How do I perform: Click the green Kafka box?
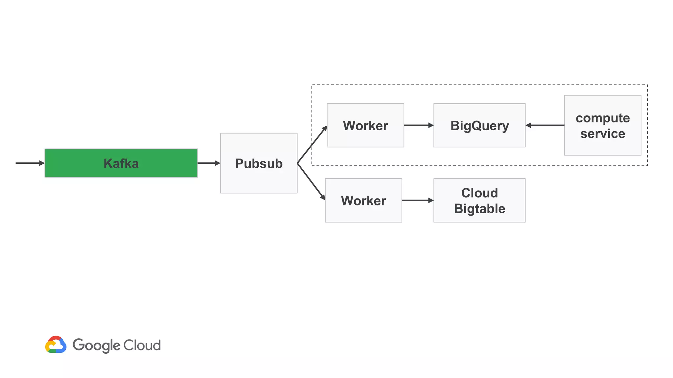point(121,163)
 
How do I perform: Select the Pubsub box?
point(259,163)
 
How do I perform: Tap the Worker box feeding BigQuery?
point(365,125)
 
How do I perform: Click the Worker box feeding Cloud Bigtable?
point(363,200)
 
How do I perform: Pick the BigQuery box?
point(479,125)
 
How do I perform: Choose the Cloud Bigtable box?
point(479,200)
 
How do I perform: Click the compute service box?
point(602,125)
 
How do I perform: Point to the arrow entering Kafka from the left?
point(30,163)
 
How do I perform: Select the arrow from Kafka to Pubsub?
point(209,163)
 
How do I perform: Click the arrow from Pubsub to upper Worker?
point(312,145)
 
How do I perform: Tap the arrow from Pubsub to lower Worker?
point(311,181)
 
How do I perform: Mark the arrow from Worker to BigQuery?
point(418,125)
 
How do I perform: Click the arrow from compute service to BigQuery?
point(545,125)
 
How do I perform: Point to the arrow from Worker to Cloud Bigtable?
point(417,200)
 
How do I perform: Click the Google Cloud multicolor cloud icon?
point(56,345)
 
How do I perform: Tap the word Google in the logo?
point(96,346)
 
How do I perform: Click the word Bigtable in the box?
point(479,209)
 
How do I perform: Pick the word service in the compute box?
point(602,134)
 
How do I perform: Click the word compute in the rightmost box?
point(602,118)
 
